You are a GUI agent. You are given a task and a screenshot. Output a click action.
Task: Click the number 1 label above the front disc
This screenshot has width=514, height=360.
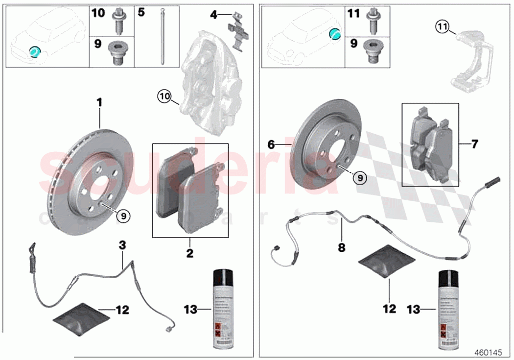click(99, 102)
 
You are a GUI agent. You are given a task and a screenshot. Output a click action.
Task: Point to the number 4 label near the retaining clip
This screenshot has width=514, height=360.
click(213, 15)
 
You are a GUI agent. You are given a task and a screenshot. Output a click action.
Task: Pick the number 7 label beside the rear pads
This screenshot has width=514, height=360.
click(474, 144)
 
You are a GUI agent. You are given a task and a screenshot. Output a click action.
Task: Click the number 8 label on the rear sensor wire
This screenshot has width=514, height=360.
click(341, 248)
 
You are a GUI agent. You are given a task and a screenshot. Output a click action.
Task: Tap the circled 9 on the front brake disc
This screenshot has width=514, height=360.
click(123, 214)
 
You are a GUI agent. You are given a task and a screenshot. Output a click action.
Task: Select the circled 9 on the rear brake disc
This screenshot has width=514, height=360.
click(359, 179)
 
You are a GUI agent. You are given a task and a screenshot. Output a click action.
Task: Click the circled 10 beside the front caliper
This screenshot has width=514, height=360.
click(164, 97)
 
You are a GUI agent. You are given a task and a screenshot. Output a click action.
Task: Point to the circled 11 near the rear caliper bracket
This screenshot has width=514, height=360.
click(443, 28)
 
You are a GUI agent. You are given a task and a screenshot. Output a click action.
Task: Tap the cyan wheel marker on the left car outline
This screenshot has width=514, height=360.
click(34, 51)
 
